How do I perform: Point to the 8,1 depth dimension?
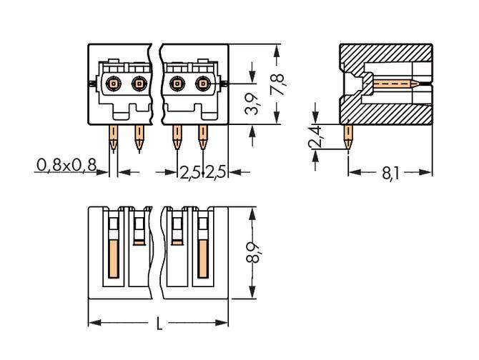coord(391,173)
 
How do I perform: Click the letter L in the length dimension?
coord(159,325)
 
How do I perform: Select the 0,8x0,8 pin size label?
coord(65,166)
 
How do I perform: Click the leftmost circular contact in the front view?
coord(113,85)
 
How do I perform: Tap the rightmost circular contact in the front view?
coord(203,85)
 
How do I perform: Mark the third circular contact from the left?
coord(177,85)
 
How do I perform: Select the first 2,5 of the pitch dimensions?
coord(189,173)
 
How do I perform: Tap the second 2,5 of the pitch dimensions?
coord(217,173)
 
